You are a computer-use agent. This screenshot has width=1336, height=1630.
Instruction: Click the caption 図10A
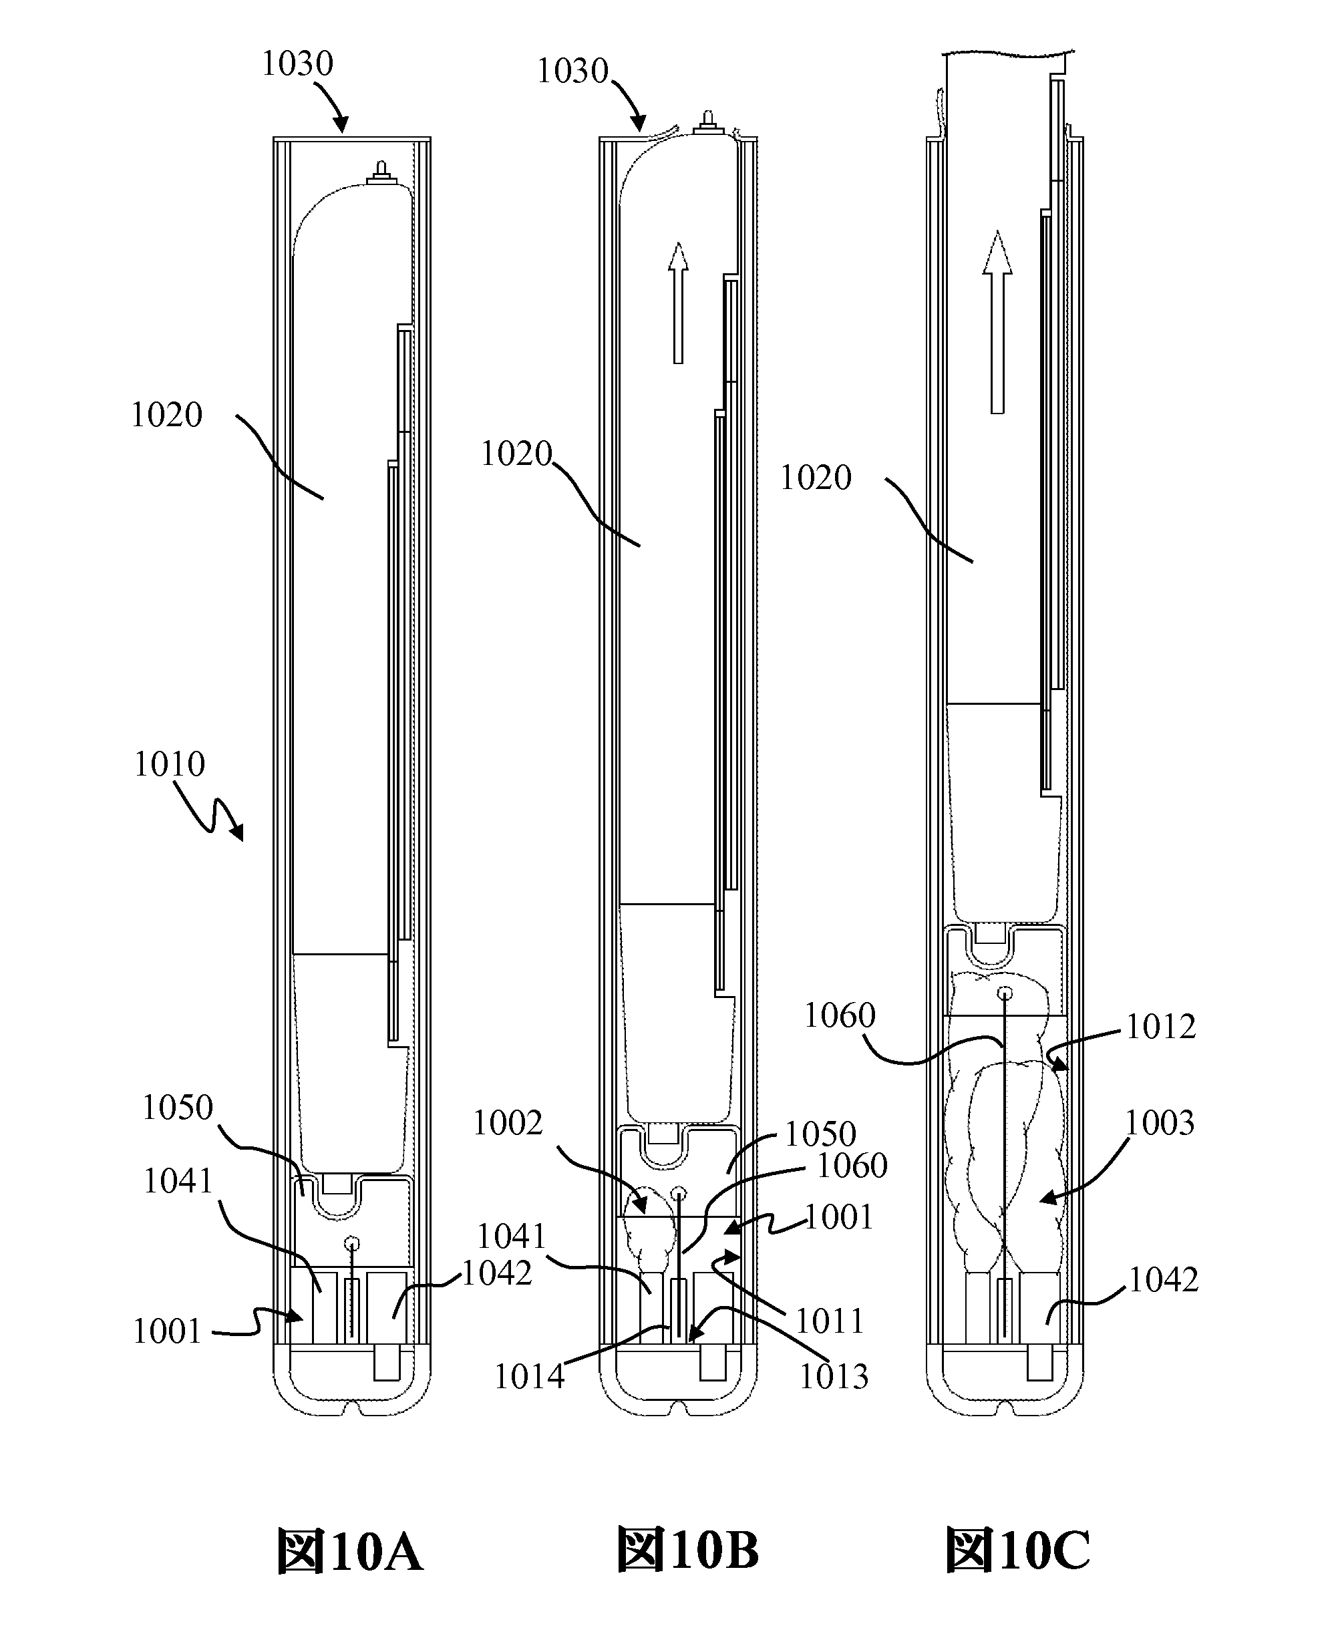click(x=350, y=1550)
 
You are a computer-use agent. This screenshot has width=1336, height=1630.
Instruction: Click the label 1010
click(x=169, y=764)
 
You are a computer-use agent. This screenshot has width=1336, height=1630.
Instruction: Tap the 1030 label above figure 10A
click(x=297, y=64)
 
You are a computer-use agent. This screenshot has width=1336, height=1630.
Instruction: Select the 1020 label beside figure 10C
click(x=816, y=478)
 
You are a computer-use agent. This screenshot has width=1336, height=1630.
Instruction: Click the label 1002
click(x=508, y=1124)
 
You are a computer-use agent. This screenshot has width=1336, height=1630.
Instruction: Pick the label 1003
click(x=1160, y=1124)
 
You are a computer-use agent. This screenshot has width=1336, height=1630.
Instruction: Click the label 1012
click(x=1160, y=1027)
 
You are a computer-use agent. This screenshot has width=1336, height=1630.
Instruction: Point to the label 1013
click(x=834, y=1377)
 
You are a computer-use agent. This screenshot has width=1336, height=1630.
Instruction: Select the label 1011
click(x=830, y=1321)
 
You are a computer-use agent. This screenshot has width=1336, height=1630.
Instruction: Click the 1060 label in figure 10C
click(x=840, y=1016)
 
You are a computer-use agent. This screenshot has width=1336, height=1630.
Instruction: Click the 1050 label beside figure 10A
click(x=177, y=1108)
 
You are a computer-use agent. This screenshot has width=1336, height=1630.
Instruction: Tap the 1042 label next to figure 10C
click(x=1163, y=1280)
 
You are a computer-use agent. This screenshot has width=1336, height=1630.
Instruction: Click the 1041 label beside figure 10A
click(x=178, y=1180)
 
